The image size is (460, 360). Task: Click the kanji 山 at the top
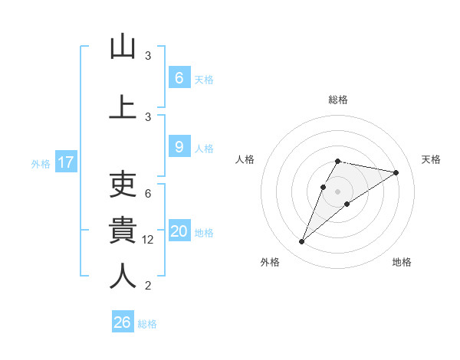[123, 47]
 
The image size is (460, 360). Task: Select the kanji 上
[123, 107]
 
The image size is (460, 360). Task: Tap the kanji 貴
[123, 230]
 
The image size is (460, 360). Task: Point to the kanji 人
[123, 276]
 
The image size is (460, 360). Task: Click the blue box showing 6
[179, 77]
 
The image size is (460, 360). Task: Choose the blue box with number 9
[179, 147]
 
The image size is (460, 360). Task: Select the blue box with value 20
[179, 231]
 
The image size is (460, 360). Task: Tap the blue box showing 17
[65, 162]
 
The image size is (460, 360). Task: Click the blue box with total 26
[123, 322]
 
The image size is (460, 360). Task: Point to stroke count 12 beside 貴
[148, 240]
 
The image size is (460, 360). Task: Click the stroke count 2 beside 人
[148, 286]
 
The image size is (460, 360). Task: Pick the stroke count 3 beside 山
[148, 56]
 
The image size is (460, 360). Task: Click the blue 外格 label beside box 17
[41, 163]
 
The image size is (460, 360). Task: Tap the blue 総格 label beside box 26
[147, 323]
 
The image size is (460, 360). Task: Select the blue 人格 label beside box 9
[204, 148]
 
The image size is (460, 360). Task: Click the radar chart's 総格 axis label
[337, 100]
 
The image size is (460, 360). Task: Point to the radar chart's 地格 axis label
[402, 262]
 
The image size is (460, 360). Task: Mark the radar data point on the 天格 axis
[396, 172]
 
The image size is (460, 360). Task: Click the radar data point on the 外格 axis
[301, 242]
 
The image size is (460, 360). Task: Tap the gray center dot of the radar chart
[337, 191]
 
